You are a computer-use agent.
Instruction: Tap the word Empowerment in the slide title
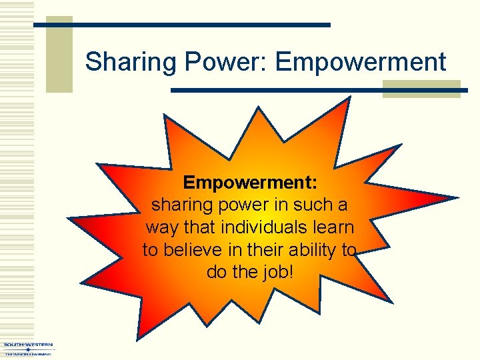point(361,63)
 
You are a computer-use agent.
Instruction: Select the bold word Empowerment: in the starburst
point(251,182)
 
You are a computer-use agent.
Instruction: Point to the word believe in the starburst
point(203,250)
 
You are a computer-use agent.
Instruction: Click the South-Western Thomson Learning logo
point(28,349)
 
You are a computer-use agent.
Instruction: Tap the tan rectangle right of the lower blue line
point(421,89)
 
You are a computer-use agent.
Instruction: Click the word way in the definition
point(161,227)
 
